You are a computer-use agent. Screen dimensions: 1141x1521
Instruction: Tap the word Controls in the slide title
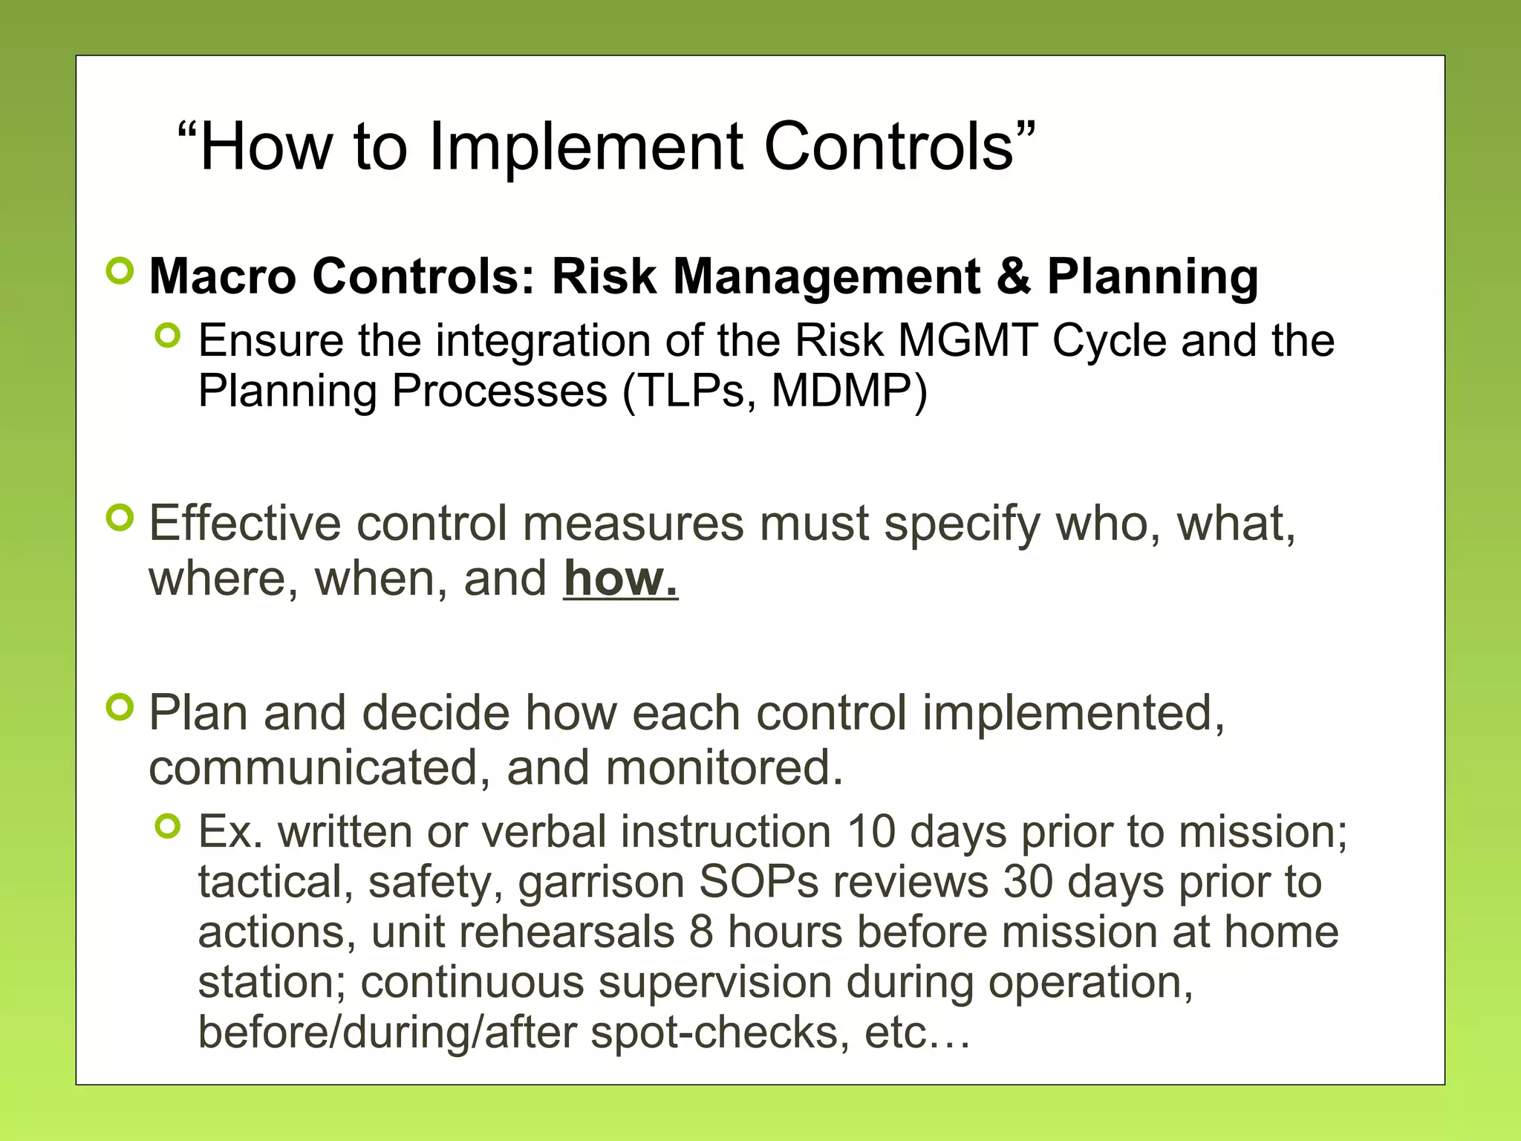(x=888, y=147)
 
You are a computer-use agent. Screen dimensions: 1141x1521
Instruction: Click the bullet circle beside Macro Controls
(x=120, y=272)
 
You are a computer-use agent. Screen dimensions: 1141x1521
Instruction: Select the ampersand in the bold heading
(x=1013, y=276)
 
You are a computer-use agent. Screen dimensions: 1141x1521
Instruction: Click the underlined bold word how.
(x=620, y=579)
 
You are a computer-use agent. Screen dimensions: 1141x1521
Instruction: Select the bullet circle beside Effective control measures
(x=120, y=518)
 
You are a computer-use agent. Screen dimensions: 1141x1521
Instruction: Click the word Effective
(x=244, y=523)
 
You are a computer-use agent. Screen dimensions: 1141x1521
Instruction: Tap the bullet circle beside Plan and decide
(x=120, y=706)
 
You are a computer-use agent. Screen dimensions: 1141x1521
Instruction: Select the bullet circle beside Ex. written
(x=169, y=825)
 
